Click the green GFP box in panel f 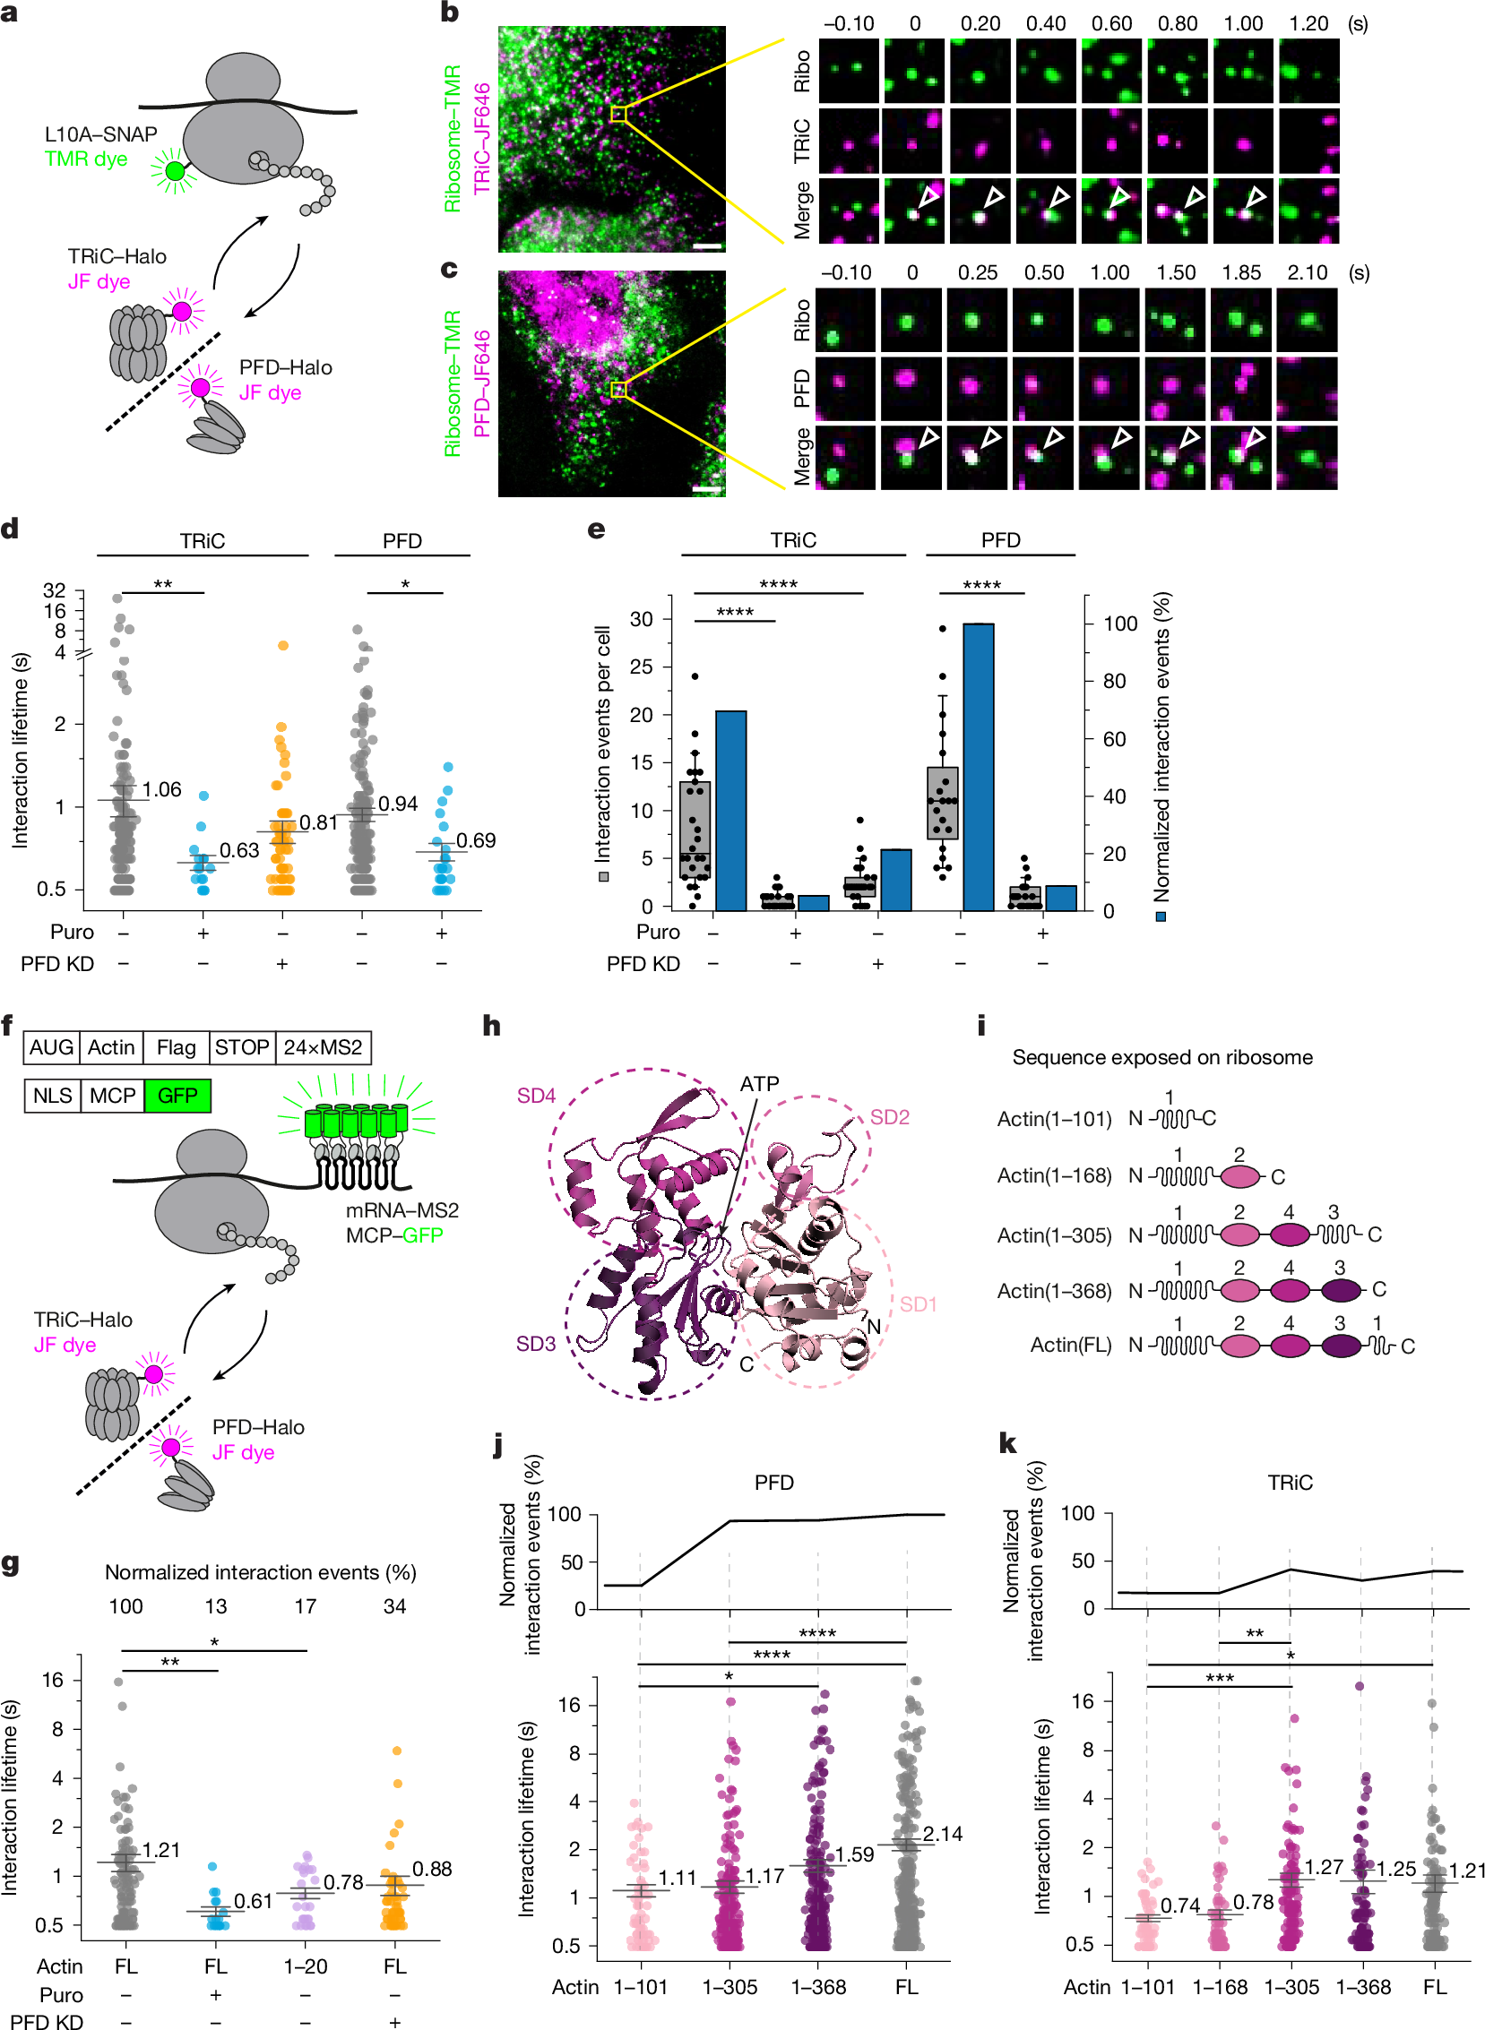click(x=177, y=1096)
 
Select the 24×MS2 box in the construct click(x=323, y=1048)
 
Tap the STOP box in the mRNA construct click(x=242, y=1048)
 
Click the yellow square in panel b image click(x=617, y=114)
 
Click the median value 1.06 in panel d click(x=162, y=790)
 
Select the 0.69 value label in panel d click(x=476, y=841)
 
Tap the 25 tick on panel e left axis click(x=641, y=667)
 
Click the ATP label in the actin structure click(x=759, y=1084)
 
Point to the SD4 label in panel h click(x=536, y=1096)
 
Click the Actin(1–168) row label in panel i click(x=1054, y=1175)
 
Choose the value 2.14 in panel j click(x=942, y=1834)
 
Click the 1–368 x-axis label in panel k click(x=1363, y=1987)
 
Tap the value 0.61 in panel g click(x=253, y=1901)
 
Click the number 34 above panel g click(x=394, y=1606)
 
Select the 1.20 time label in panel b click(x=1308, y=24)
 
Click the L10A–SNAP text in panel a click(x=100, y=134)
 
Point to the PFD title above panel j click(x=773, y=1482)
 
